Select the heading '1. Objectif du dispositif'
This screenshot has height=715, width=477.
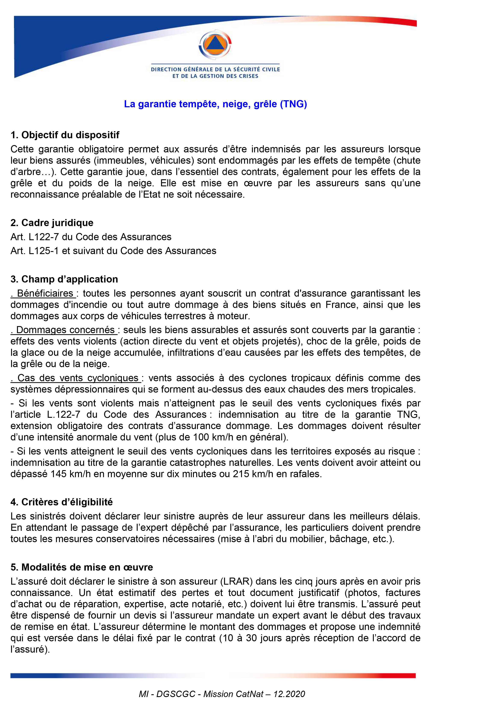point(65,135)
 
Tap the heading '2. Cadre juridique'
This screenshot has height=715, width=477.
point(52,223)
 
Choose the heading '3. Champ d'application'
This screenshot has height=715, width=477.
point(64,279)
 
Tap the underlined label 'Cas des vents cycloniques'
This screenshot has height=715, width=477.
point(78,378)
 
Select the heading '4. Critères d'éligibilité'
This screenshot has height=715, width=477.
point(62,502)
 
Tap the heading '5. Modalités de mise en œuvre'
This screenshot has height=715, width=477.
point(81,567)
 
